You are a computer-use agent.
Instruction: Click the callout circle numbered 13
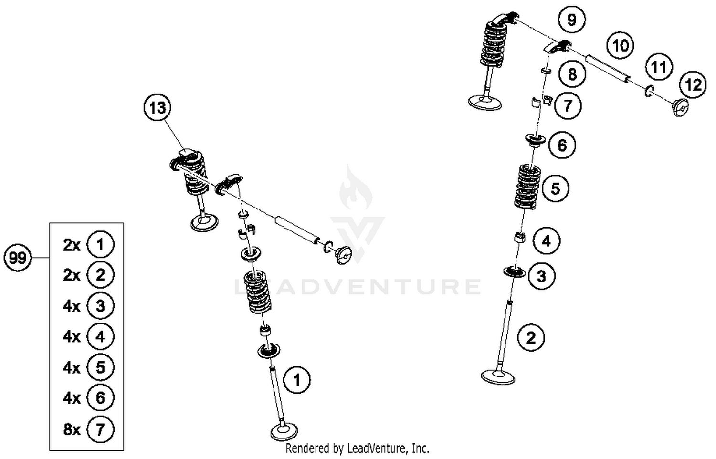[158, 108]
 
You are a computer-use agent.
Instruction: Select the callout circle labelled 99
[18, 258]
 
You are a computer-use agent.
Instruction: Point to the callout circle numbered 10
[620, 46]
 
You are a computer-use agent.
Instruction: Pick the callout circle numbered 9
[571, 20]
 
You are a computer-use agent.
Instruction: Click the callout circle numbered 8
[572, 74]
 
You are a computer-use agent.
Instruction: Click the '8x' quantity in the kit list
[72, 429]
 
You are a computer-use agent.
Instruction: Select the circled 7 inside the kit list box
[100, 429]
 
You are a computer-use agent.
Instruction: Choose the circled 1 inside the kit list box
[100, 245]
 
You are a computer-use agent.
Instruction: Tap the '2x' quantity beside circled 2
[72, 275]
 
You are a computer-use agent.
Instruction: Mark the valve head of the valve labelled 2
[498, 377]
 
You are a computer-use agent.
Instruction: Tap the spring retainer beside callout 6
[536, 140]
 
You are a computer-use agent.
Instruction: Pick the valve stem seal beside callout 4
[520, 238]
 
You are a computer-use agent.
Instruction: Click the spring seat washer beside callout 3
[514, 272]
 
